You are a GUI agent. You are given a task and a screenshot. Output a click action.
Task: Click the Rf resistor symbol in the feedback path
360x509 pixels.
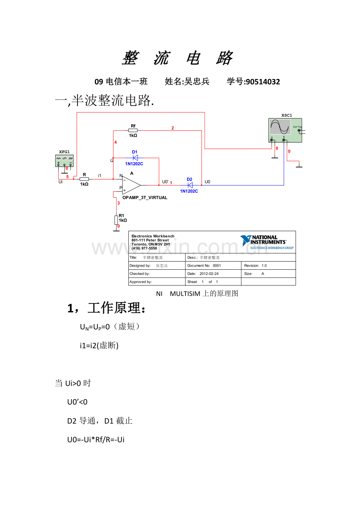133,130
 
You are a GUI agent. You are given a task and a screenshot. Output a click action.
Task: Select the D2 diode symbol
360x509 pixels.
190,185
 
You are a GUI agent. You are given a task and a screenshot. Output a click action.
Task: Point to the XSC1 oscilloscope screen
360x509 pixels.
281,127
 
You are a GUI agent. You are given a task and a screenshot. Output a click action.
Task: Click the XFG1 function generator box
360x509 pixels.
65,160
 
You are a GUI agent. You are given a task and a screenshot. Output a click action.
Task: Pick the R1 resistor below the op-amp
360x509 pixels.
116,220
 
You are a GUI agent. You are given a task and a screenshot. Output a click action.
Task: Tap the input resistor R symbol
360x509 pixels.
84,179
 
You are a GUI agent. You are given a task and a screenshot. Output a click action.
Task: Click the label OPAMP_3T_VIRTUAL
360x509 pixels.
145,198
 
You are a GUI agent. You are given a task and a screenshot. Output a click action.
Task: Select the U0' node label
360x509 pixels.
165,182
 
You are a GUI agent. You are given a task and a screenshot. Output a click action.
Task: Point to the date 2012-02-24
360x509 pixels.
209,274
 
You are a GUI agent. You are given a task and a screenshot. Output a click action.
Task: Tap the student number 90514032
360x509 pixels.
262,82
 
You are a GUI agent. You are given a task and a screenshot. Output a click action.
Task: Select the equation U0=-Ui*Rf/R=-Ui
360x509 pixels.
96,440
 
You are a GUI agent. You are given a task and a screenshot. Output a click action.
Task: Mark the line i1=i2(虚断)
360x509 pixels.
99,346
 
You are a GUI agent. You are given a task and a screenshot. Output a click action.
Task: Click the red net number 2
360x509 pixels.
173,128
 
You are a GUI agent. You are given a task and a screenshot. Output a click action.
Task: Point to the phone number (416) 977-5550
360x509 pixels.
144,248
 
